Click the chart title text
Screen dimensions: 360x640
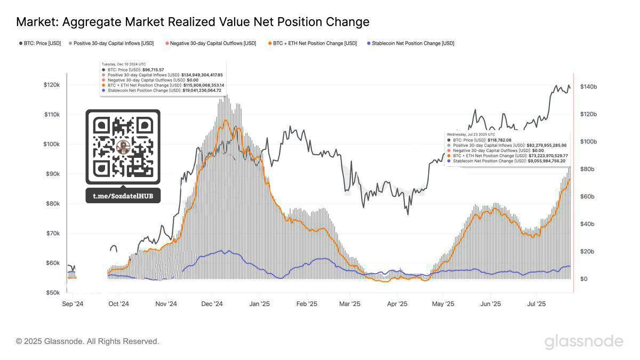coord(193,22)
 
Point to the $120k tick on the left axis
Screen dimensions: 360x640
coord(52,85)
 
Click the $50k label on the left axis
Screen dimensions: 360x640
coord(52,293)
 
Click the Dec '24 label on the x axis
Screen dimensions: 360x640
coord(212,304)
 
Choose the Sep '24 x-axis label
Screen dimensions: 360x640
coord(73,304)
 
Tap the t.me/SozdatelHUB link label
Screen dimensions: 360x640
coord(123,196)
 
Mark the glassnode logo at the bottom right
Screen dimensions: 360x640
coord(583,341)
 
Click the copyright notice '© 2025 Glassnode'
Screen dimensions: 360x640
coord(87,341)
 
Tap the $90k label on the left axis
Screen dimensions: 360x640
coord(52,174)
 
